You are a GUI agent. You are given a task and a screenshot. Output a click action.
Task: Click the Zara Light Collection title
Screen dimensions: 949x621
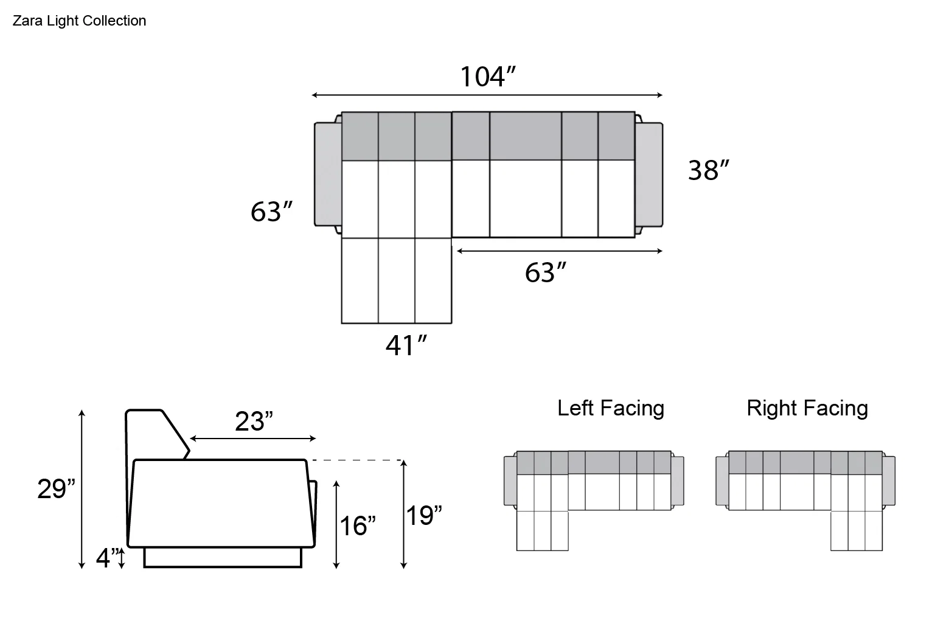(79, 21)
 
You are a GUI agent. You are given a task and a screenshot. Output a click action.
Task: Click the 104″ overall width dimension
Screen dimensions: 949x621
(488, 77)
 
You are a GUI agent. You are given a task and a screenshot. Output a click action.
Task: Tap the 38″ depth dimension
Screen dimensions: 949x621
(708, 170)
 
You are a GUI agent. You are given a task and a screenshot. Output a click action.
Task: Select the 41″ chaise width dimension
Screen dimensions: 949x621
(406, 345)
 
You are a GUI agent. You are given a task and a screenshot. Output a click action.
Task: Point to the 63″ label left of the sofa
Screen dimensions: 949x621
(271, 212)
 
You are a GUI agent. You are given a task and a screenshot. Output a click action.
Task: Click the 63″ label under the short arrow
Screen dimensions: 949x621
(545, 272)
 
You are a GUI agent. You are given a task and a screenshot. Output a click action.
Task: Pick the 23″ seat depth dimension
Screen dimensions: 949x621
(254, 422)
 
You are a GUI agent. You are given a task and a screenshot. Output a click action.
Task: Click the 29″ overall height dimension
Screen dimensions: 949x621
(56, 488)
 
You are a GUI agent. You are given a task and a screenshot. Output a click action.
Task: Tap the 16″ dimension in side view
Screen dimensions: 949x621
(358, 526)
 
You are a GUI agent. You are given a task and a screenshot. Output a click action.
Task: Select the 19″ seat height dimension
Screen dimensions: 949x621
(423, 515)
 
